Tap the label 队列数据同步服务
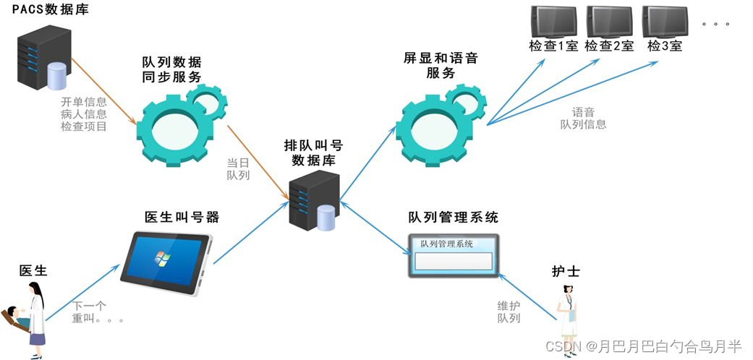pyautogui.click(x=172, y=69)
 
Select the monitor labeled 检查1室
pyautogui.click(x=553, y=22)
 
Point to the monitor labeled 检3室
pyautogui.click(x=665, y=22)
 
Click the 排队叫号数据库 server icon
pyautogui.click(x=313, y=200)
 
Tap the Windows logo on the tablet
pyautogui.click(x=159, y=258)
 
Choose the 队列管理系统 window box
pyautogui.click(x=451, y=254)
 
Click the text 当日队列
pyautogui.click(x=238, y=168)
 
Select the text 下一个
pyautogui.click(x=90, y=306)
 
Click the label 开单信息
pyautogui.click(x=84, y=101)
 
